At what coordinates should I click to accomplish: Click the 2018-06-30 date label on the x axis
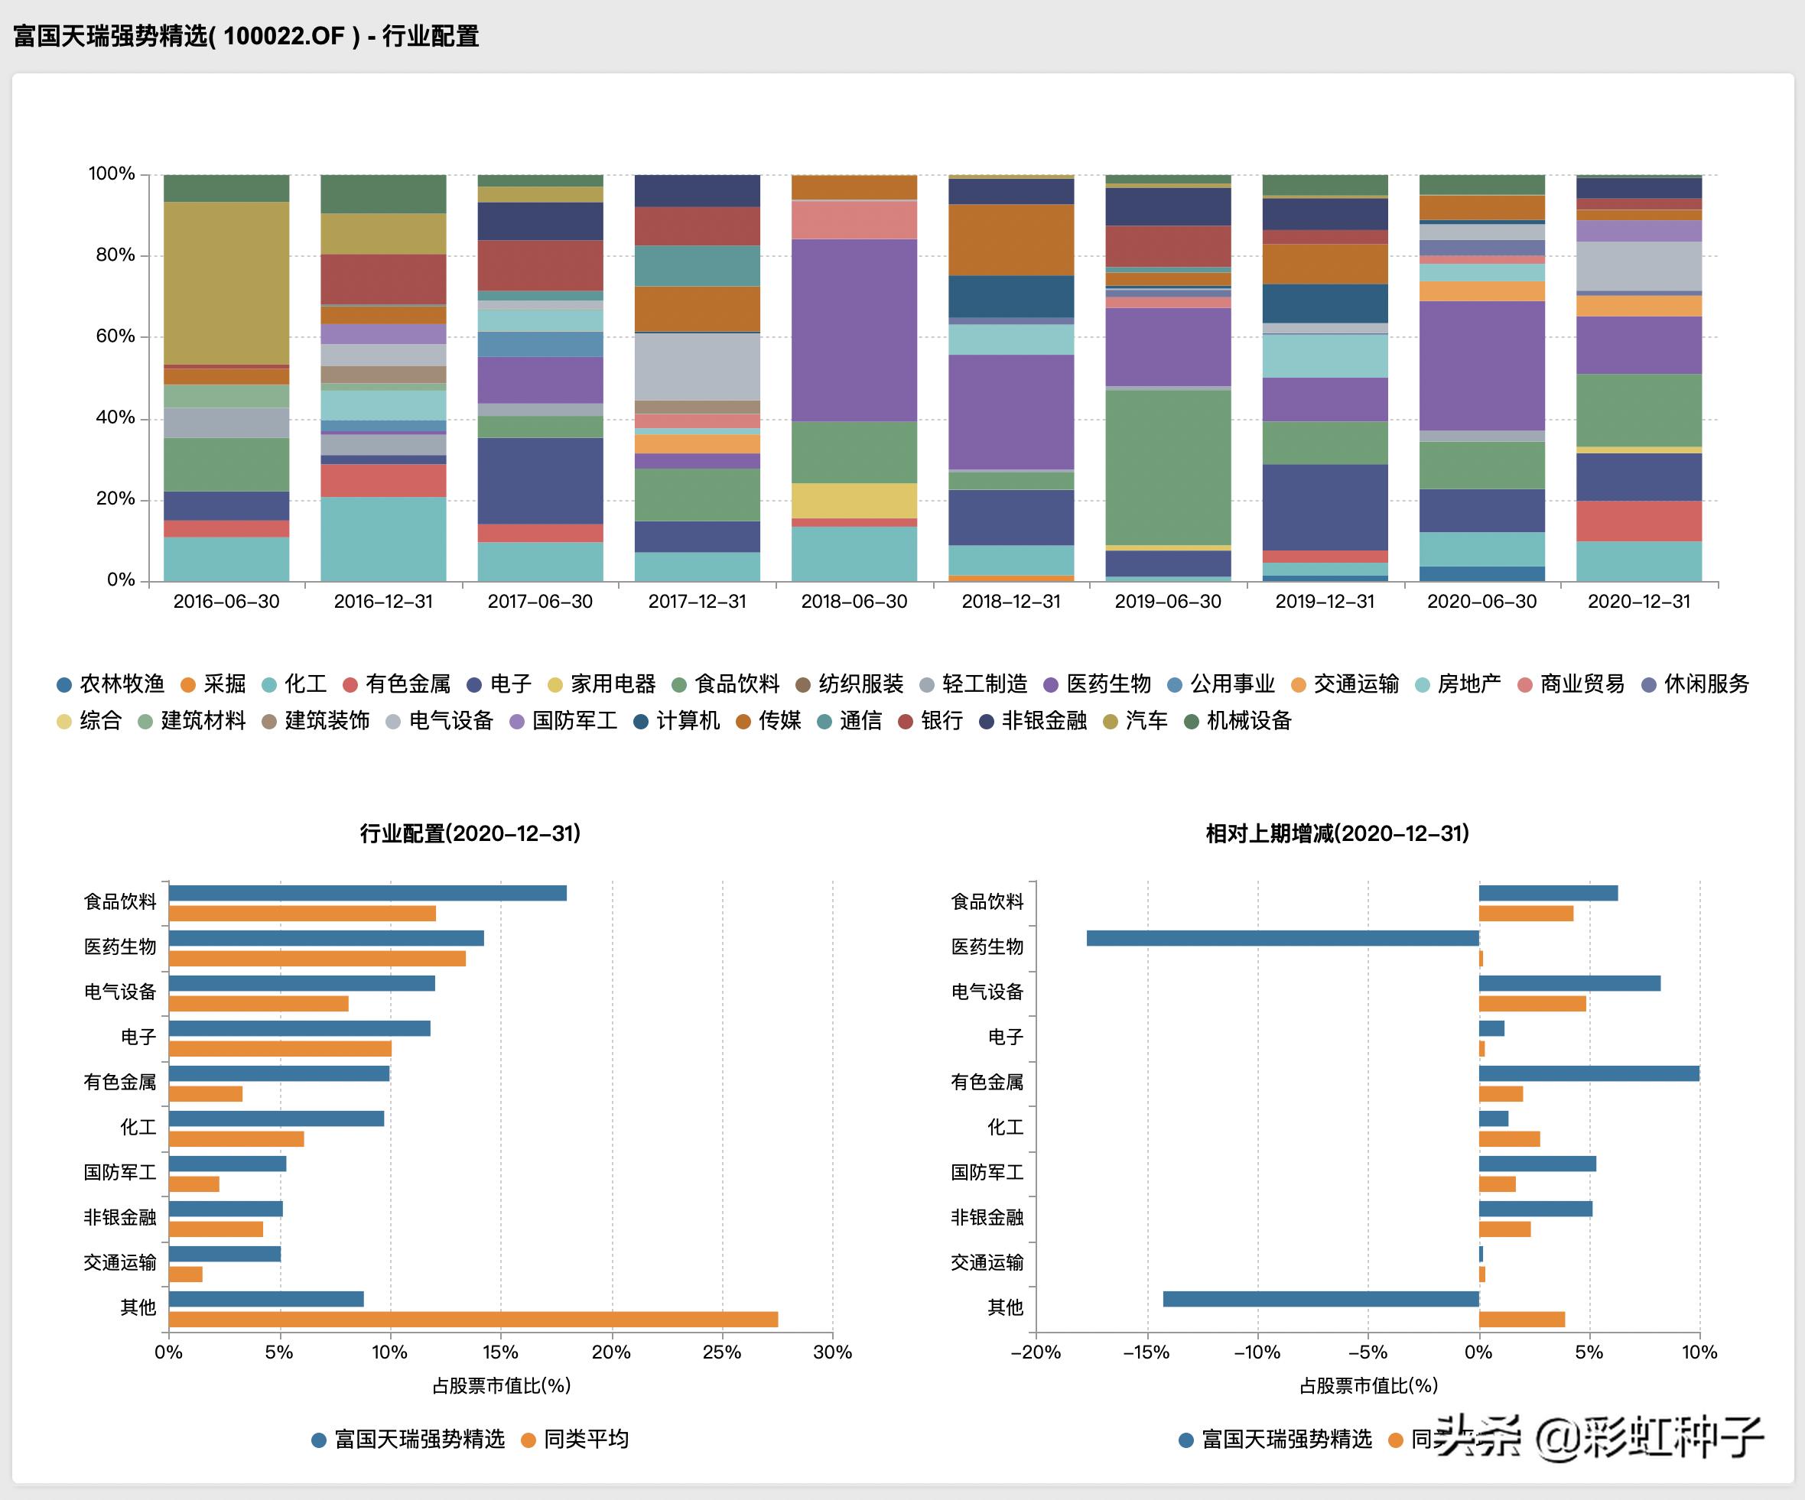(854, 602)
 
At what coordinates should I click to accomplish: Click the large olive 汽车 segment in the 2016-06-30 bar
(226, 284)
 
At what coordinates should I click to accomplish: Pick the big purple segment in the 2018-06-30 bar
(854, 330)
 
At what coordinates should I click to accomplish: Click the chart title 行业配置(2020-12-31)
(470, 833)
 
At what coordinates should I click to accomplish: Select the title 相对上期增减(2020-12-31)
(1337, 833)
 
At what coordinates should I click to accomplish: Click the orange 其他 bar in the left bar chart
(473, 1320)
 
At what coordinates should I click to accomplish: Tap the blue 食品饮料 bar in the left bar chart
(367, 894)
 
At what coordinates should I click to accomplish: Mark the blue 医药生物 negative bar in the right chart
(1282, 938)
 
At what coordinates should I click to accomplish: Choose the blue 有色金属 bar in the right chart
(1589, 1074)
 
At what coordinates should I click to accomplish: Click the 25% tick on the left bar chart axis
(721, 1352)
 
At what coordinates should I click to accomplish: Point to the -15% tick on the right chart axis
(1146, 1352)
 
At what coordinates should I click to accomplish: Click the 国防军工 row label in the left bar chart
(119, 1173)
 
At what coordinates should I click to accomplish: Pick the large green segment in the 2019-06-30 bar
(1167, 467)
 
